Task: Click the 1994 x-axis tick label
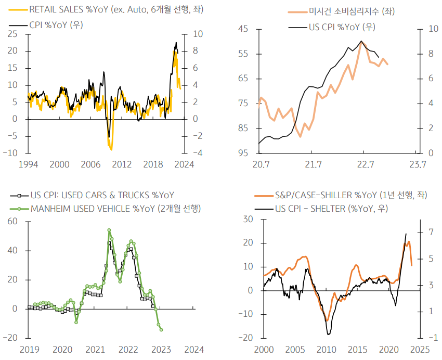coord(28,164)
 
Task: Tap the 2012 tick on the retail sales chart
coord(121,164)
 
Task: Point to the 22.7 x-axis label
coord(366,165)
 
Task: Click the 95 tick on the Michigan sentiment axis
coord(242,153)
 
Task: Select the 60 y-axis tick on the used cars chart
coord(11,221)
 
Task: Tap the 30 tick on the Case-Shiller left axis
coord(249,219)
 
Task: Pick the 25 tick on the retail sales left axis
coord(12,34)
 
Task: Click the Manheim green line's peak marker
coord(109,230)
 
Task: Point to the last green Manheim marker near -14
coord(161,329)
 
